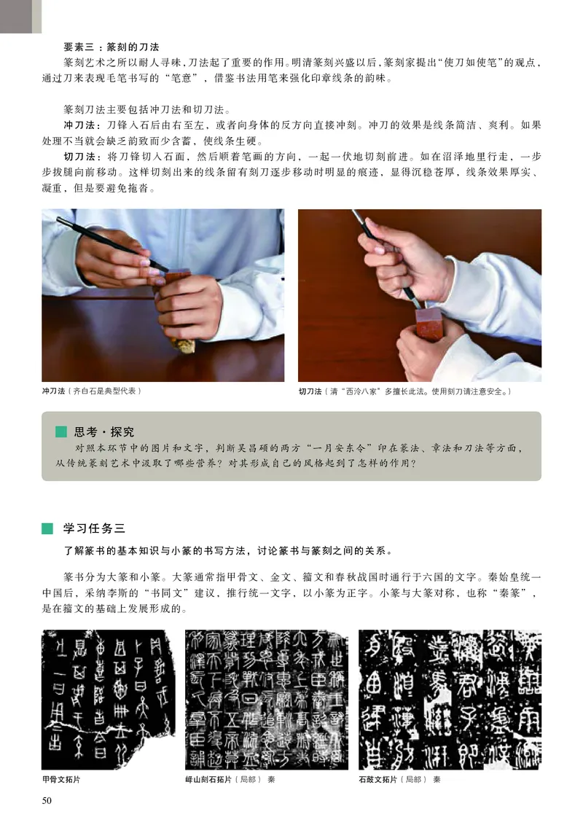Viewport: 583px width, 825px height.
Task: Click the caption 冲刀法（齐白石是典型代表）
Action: pyautogui.click(x=91, y=391)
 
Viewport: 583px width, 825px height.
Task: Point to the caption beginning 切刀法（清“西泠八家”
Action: pyautogui.click(x=405, y=392)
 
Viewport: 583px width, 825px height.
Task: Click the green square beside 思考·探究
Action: pyautogui.click(x=61, y=431)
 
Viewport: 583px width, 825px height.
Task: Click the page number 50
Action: pyautogui.click(x=48, y=802)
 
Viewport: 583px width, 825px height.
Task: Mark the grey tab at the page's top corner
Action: pyautogui.click(x=20, y=16)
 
